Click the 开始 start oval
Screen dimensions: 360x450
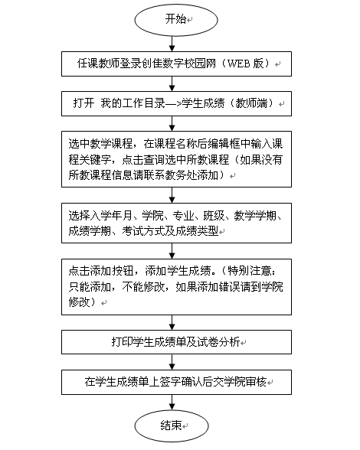(176, 20)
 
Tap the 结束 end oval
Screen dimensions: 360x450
(172, 426)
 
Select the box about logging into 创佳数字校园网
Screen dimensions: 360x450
(176, 64)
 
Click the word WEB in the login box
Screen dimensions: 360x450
(238, 64)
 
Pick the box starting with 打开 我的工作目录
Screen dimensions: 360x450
(176, 103)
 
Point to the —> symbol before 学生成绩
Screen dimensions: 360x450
(173, 103)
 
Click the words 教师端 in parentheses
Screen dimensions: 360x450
(251, 103)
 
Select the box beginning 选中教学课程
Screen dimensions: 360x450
(176, 159)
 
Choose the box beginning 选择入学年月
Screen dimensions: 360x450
(176, 223)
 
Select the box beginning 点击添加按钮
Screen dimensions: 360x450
(176, 287)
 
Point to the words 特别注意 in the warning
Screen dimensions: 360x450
(250, 271)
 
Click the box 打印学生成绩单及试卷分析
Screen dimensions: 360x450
(176, 342)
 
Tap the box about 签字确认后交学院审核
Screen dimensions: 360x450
(176, 382)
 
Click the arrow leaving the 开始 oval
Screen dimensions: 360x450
(172, 44)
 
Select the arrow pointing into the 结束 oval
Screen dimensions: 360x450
(172, 403)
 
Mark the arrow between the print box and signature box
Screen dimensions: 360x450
(172, 362)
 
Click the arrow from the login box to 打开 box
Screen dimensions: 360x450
(172, 84)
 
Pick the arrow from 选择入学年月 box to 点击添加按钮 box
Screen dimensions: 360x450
(172, 251)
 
